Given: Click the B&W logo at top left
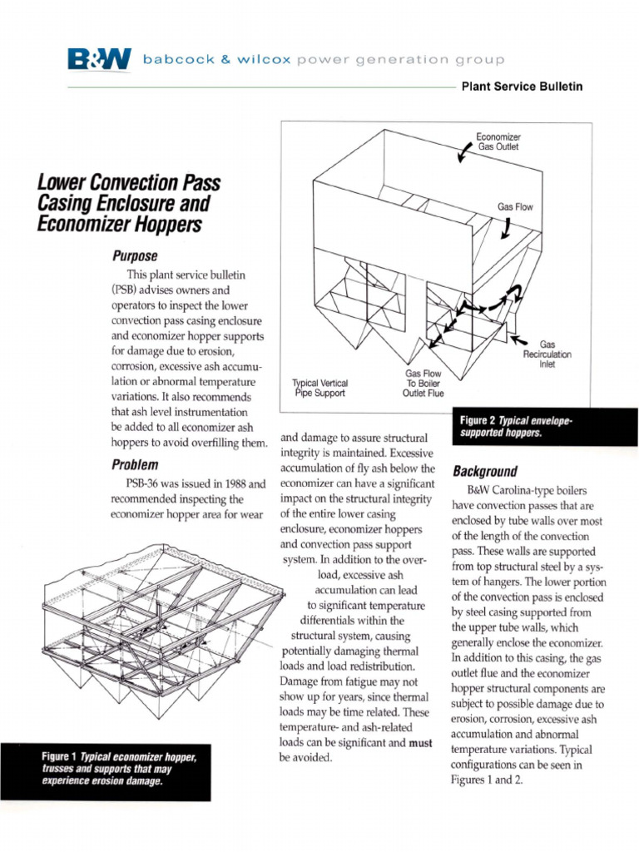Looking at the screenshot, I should point(99,59).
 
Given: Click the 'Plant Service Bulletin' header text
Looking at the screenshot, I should point(522,87).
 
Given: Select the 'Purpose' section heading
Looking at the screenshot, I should point(135,255).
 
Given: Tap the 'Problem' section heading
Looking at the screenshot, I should point(134,464).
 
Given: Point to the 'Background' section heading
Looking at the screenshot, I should point(484,471).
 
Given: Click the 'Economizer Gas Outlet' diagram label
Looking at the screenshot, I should point(498,141).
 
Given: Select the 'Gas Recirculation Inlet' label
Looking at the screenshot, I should point(547,354).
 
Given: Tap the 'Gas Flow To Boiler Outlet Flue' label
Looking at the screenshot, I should point(425,384).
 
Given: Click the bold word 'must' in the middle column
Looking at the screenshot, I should point(419,743).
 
